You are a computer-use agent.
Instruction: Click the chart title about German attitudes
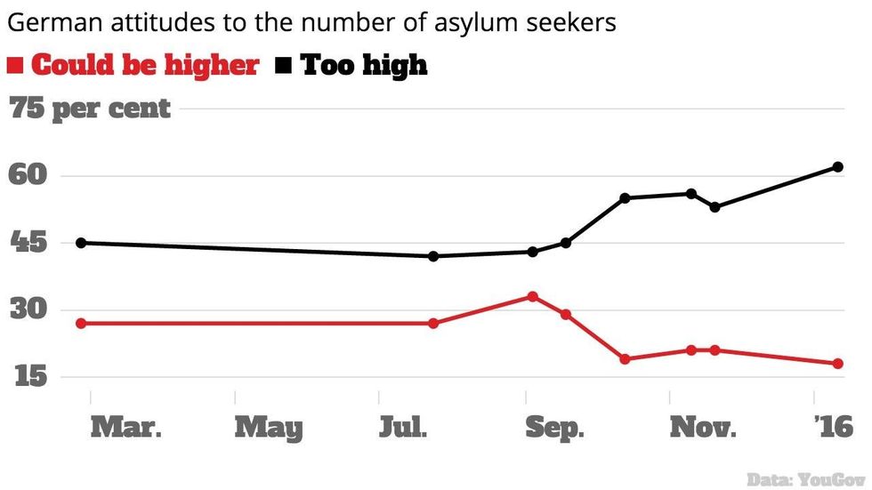(311, 23)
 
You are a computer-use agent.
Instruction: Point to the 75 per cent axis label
(90, 109)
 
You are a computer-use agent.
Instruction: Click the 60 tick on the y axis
(27, 176)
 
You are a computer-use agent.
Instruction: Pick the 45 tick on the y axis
(27, 243)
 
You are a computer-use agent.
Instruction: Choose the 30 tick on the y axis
(27, 310)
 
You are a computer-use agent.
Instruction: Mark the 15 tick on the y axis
(27, 377)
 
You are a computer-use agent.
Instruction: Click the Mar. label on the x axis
(125, 428)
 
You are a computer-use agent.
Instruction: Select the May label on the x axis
(269, 428)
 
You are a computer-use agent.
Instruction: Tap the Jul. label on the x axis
(403, 428)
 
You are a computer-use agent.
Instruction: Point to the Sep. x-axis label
(554, 428)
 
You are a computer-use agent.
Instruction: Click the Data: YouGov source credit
(804, 477)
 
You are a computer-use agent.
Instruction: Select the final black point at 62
(838, 167)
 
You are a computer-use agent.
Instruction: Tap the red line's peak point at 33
(533, 296)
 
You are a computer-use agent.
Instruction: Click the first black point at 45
(81, 243)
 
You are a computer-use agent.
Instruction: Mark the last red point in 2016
(838, 364)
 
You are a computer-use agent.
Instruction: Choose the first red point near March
(81, 323)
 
